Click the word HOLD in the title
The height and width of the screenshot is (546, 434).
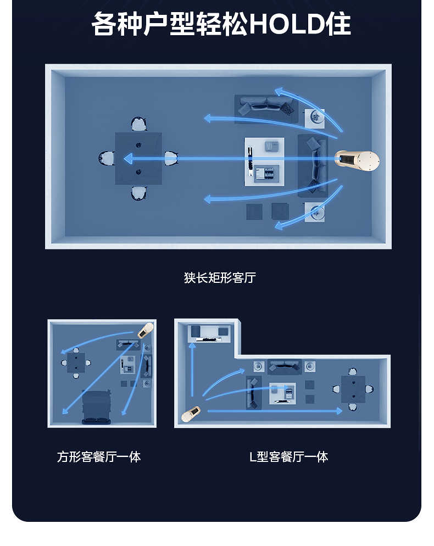tap(286, 25)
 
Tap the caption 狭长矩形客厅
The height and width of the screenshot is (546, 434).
tap(220, 277)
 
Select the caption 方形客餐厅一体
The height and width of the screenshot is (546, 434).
tap(99, 456)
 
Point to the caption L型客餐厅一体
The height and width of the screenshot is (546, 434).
tap(288, 456)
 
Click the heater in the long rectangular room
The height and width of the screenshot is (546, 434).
tap(358, 160)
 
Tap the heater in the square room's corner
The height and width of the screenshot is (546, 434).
tap(145, 330)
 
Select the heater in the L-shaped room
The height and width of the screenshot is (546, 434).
tap(191, 414)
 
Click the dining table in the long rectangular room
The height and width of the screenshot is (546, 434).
tap(138, 158)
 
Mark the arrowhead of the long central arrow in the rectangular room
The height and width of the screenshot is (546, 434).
tap(127, 159)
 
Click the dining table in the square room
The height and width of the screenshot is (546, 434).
tap(76, 363)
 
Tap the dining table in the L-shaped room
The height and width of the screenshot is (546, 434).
tap(353, 389)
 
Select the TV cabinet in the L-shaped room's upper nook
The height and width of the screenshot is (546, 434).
tap(209, 333)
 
